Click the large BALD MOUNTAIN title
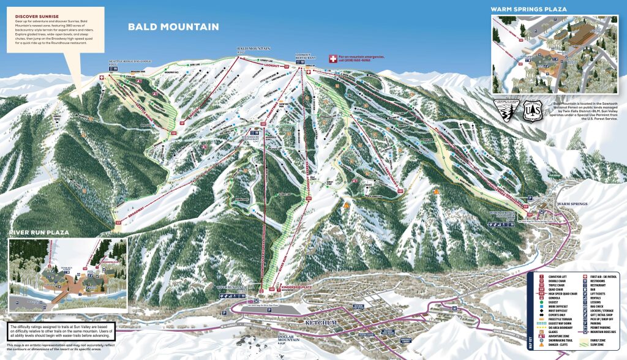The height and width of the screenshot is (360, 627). pyautogui.click(x=173, y=27)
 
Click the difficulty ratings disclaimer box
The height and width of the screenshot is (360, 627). pyautogui.click(x=58, y=331)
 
